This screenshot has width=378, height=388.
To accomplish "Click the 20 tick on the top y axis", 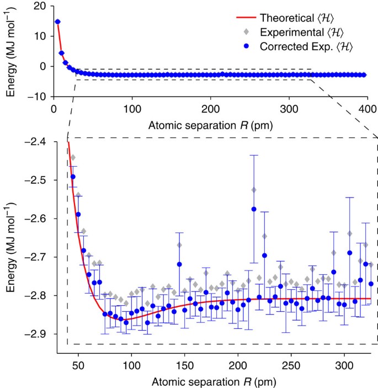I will (x=41, y=6).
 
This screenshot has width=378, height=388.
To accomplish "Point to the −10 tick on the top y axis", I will (x=39, y=96).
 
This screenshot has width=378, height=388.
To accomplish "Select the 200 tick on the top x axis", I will (x=210, y=109).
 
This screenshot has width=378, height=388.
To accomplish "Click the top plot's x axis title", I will (x=210, y=125).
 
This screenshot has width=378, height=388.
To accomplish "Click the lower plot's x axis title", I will (x=211, y=381).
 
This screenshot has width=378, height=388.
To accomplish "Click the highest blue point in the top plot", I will (x=57, y=22).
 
